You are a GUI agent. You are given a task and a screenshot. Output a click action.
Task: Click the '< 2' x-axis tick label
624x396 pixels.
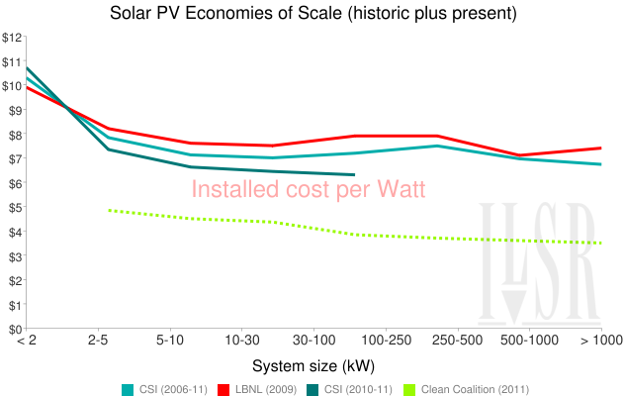click(27, 342)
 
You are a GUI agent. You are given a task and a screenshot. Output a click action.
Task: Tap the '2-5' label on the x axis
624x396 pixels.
click(98, 342)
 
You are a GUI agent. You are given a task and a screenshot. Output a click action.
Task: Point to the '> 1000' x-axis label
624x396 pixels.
click(600, 342)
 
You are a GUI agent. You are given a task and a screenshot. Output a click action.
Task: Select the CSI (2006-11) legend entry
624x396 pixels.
click(164, 387)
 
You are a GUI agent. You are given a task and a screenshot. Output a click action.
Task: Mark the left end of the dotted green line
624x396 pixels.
click(108, 210)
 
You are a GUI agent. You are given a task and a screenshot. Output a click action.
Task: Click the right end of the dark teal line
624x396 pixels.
click(355, 174)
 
